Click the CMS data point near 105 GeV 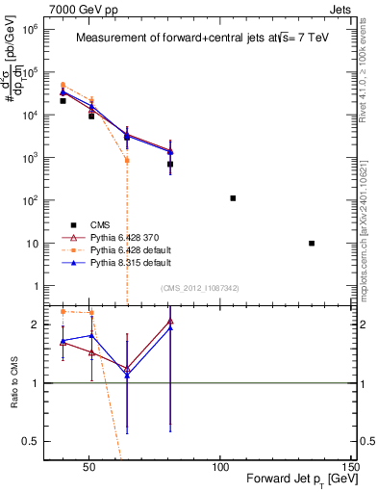pos(233,198)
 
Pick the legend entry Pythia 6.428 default pos(118,249)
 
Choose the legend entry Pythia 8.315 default pos(118,262)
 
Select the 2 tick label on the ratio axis pos(31,325)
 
